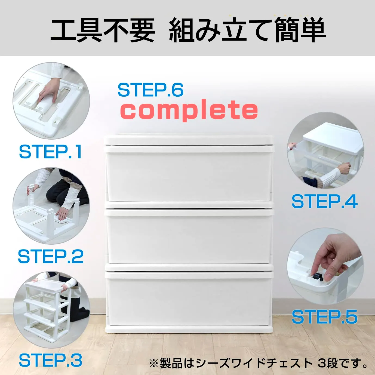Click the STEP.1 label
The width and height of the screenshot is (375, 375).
point(50,152)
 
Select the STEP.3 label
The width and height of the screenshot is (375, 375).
point(50,360)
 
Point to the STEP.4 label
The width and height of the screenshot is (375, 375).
point(325,202)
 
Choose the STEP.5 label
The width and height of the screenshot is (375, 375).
point(325,317)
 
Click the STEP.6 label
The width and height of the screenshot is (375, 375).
point(150,90)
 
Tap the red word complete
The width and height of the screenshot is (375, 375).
point(189,110)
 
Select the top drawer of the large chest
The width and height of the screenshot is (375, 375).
point(188,174)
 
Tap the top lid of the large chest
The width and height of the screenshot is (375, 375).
point(188,140)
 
